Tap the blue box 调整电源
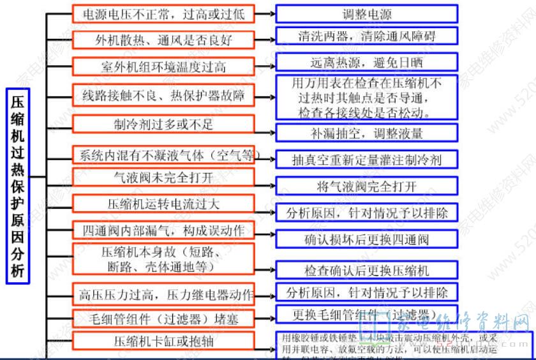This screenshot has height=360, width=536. point(367,14)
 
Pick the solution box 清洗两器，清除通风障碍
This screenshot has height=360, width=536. point(367,35)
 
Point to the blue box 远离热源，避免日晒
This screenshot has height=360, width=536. point(367,62)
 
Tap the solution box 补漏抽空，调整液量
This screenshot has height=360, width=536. point(367,133)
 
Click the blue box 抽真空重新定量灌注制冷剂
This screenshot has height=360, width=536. point(367,159)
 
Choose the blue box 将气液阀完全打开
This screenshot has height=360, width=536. point(367,186)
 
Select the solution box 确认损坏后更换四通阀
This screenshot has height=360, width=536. point(367,239)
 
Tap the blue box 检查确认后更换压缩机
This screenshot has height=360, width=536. point(367,270)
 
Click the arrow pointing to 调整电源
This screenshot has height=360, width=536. point(265,13)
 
